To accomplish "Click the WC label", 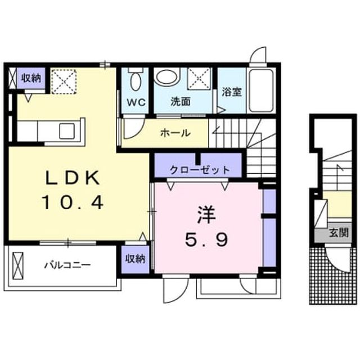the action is tap(136, 102).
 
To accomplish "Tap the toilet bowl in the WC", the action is tap(136, 81).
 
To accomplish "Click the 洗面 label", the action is tap(181, 101).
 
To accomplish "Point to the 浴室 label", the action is tap(232, 92).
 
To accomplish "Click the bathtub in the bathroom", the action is tap(261, 90).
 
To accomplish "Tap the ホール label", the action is tap(175, 133).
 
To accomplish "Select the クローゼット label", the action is tap(200, 170).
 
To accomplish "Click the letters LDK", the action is tap(73, 178).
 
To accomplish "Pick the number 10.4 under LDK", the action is tap(73, 202).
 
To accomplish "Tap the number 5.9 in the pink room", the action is tap(206, 239).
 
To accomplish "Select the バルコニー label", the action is tap(67, 265).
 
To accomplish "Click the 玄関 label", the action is tap(339, 233).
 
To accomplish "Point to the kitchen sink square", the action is tap(67, 131).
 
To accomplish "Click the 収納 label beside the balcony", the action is tap(135, 259).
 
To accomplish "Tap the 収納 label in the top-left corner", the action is tap(31, 78).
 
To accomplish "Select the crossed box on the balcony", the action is tap(18, 265).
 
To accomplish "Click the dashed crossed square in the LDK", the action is tap(64, 81).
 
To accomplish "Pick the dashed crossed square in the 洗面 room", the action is tap(199, 78).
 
